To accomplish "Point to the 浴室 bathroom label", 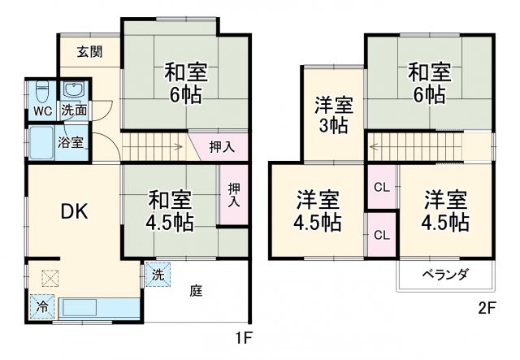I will click(70, 143).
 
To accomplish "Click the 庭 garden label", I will click(196, 290).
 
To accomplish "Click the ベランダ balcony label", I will click(445, 274).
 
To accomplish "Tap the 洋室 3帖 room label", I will click(333, 115).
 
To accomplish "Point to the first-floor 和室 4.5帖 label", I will click(170, 210).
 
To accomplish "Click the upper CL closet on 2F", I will click(380, 188).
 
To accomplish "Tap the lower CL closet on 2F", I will click(380, 235).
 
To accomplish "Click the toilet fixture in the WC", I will click(44, 91).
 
